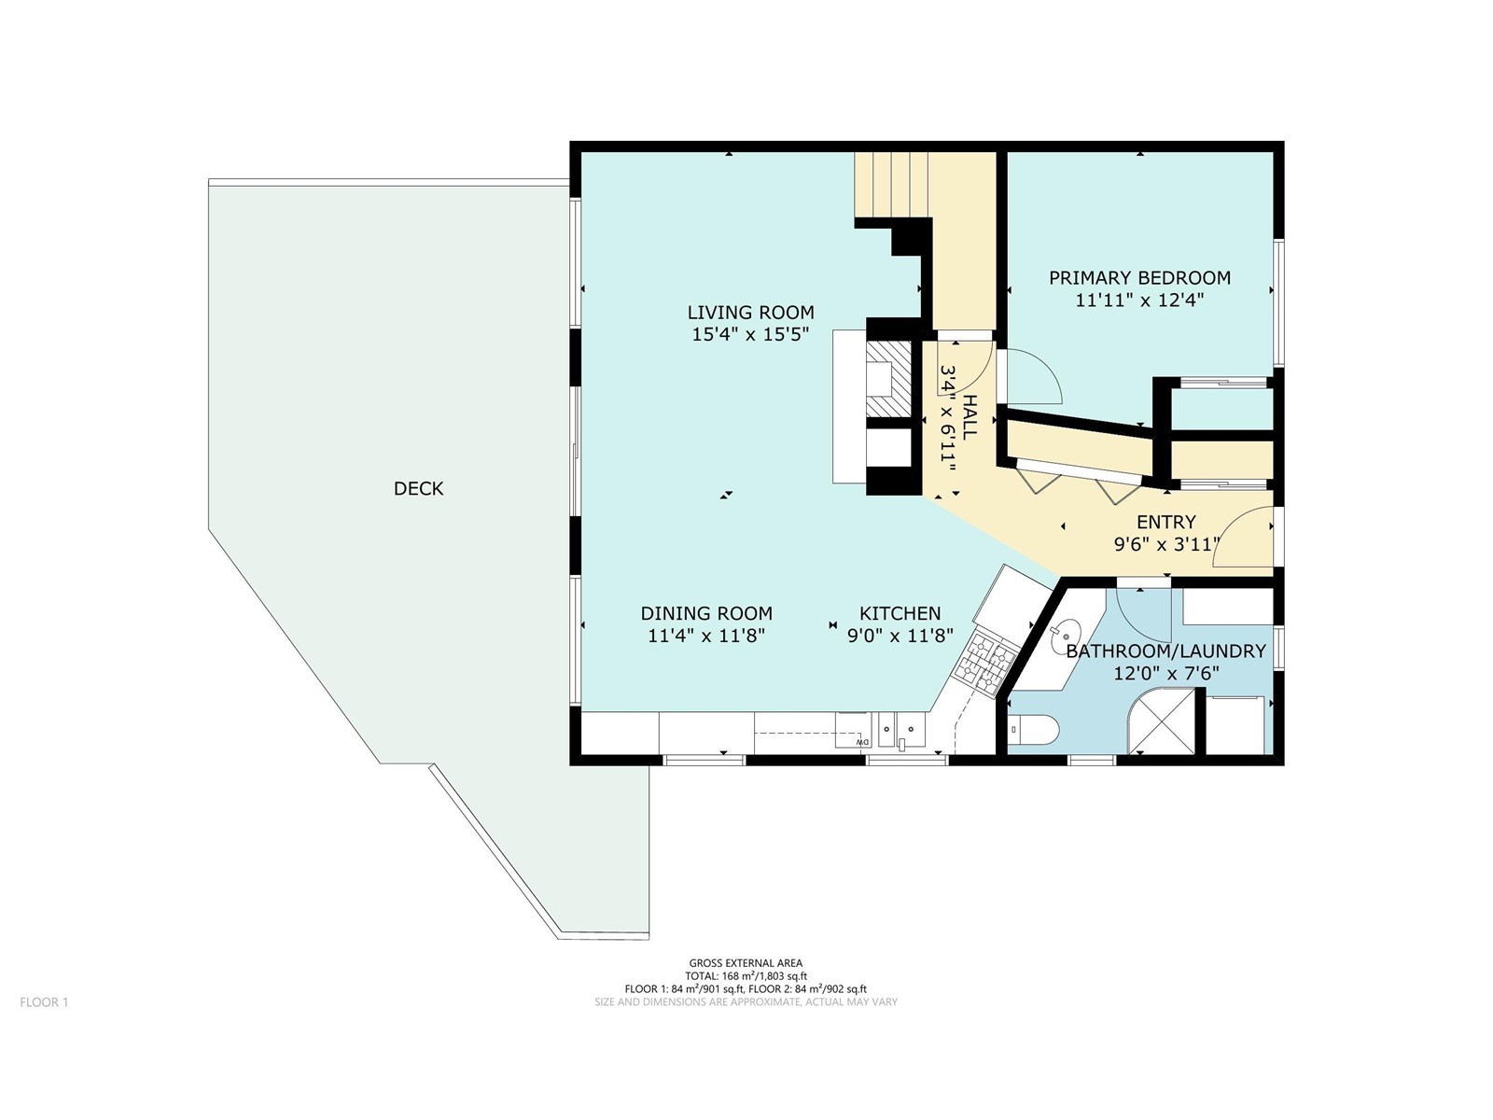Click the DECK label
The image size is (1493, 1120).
pos(418,488)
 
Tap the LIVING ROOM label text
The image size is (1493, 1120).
pos(750,312)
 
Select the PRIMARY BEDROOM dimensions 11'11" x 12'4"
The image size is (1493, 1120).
pos(1139,301)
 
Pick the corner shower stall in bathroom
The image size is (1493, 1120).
pos(1163,721)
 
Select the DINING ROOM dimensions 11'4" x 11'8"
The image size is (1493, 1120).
pos(706,637)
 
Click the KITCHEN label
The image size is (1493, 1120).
pos(900,613)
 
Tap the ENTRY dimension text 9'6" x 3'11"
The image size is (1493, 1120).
pos(1166,544)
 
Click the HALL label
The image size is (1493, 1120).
pos(970,417)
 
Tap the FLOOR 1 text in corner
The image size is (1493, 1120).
pos(44,1002)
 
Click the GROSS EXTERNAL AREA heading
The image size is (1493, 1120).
pos(746,963)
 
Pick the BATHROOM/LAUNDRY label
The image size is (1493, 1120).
pos(1165,651)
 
